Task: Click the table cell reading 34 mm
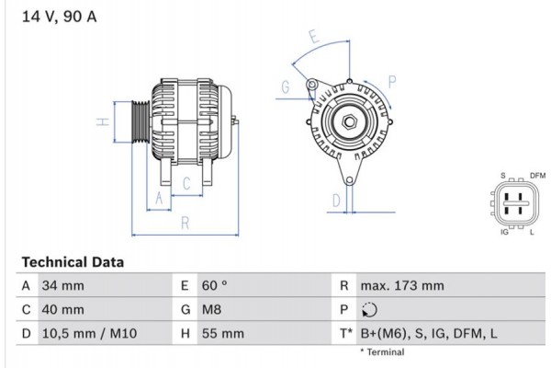(x=63, y=286)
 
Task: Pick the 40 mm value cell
(x=63, y=310)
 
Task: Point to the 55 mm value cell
(x=219, y=334)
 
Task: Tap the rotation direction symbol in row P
(x=369, y=310)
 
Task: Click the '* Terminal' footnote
(x=383, y=352)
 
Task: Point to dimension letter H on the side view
(x=105, y=121)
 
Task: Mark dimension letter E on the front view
(x=313, y=38)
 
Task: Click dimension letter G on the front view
(x=286, y=87)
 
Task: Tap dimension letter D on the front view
(x=337, y=200)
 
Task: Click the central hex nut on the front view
(x=350, y=121)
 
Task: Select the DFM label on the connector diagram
(x=538, y=175)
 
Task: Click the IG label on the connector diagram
(x=504, y=233)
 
